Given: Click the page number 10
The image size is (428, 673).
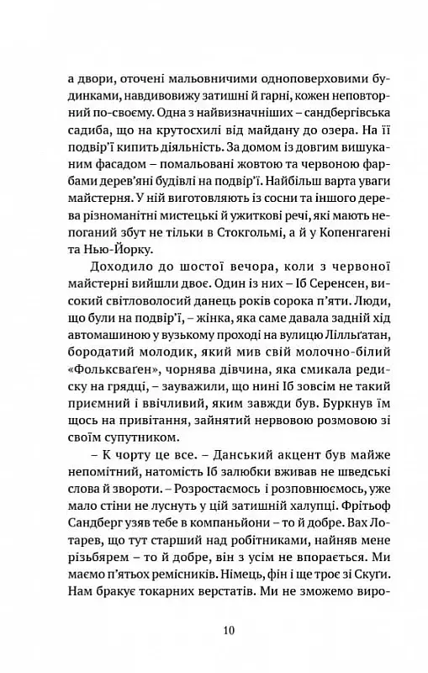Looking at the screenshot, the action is tap(214, 630).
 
